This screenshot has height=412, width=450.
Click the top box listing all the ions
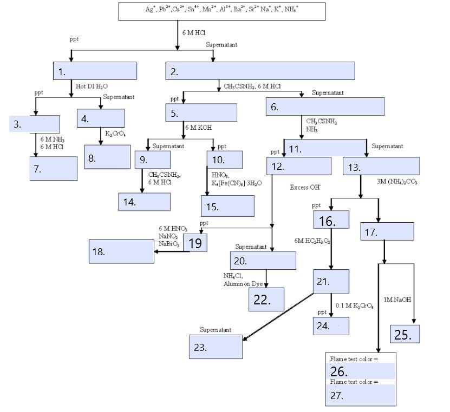point(222,11)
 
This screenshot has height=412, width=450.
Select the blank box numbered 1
point(95,71)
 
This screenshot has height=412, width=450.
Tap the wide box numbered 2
point(260,71)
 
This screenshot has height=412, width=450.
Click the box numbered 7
point(53,168)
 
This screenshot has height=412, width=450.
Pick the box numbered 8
point(107,157)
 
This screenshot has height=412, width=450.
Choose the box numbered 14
point(144,202)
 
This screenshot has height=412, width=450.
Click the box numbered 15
point(227,206)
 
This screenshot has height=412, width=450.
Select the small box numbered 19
point(195,243)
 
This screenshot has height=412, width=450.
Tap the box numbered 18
point(121,251)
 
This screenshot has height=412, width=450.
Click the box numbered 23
point(216,347)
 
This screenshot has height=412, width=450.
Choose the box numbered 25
point(405,334)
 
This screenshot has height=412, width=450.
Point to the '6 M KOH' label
point(198,128)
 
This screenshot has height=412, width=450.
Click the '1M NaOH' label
point(397,300)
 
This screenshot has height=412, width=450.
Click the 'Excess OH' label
point(305,187)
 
